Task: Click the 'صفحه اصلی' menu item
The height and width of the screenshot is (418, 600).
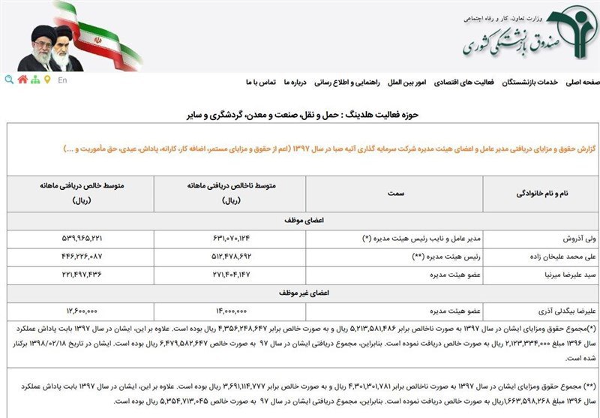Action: pos(581,82)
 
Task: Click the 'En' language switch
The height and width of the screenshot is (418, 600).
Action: pos(61,80)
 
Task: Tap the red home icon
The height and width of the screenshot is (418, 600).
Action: pos(22,80)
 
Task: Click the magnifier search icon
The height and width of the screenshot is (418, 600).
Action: pos(9,80)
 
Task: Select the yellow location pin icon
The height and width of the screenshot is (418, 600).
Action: pos(47,80)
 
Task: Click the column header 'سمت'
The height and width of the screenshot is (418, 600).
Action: pos(394,194)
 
